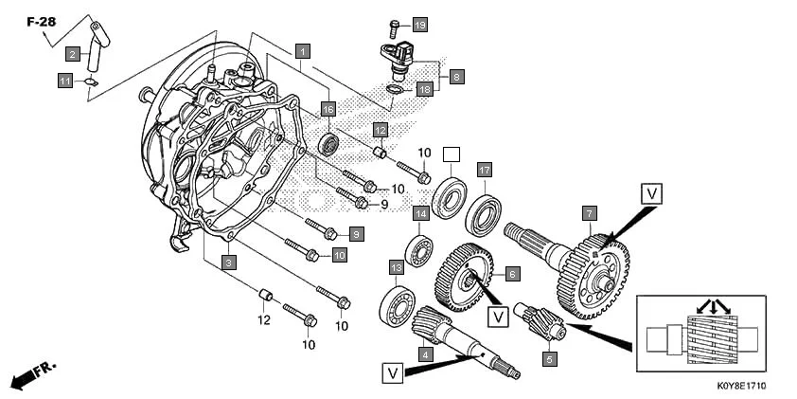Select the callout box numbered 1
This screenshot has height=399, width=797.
tap(302, 49)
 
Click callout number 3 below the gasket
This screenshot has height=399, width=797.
tap(228, 262)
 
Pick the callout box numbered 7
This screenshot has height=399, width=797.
tap(589, 213)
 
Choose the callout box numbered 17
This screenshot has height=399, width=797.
tap(484, 170)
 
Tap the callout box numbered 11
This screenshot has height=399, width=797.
tap(65, 82)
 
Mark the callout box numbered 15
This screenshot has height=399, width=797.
tap(328, 110)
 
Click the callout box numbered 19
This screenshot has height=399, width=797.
tap(420, 24)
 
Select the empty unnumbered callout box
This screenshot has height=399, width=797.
tap(452, 154)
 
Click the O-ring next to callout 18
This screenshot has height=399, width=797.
tap(396, 90)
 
